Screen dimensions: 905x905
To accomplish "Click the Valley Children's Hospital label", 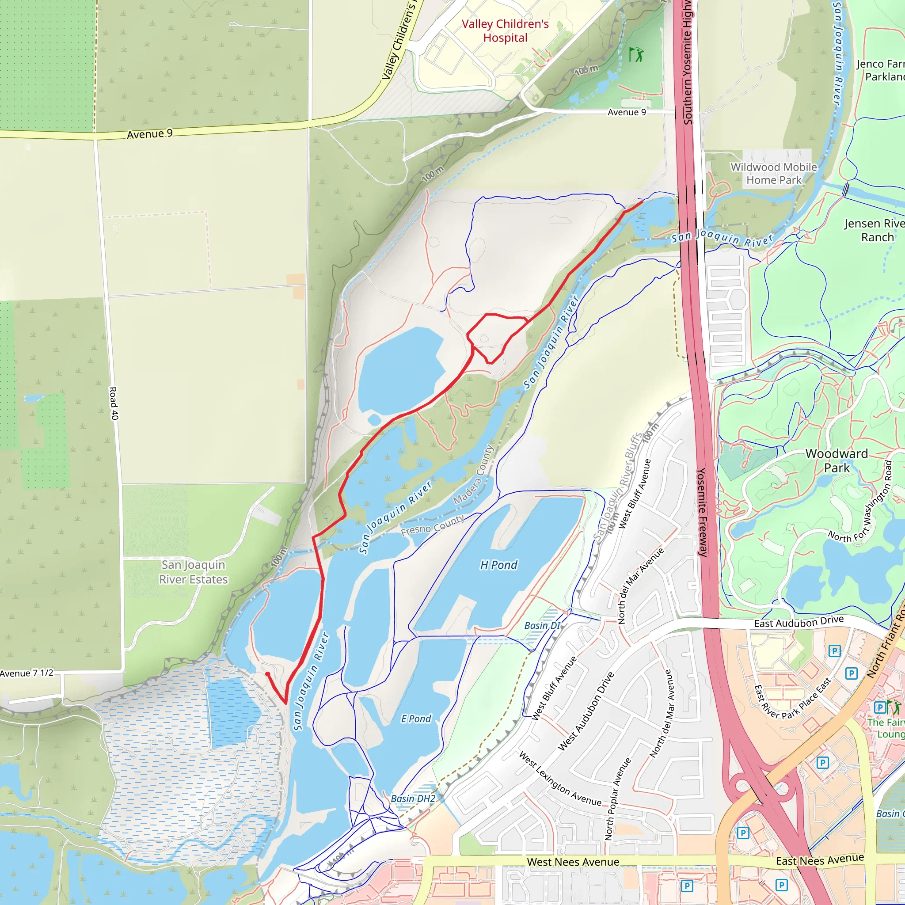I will pos(505,31).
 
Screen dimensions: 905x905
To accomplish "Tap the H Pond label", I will pos(499,565).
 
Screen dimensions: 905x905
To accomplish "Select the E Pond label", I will pos(416,719).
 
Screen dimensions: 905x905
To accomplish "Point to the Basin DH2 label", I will pos(413,799).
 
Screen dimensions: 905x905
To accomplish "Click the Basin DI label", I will pos(542,626).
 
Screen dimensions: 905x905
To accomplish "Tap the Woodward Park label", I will pos(837,460).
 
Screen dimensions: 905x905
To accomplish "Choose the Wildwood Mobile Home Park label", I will pos(774,173).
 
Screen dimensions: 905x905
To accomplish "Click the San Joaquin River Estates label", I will pos(194,572).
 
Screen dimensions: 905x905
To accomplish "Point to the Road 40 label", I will pos(114,403).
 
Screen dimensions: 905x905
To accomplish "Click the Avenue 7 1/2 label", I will pos(27,673).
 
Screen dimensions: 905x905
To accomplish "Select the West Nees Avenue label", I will pos(573,862).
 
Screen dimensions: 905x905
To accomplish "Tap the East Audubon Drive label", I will pos(799,622).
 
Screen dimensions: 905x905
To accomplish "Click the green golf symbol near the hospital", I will pos(635,55).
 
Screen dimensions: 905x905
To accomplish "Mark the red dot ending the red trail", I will pos(267,674).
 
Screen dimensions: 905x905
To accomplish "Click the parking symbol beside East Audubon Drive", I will pos(834,650).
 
